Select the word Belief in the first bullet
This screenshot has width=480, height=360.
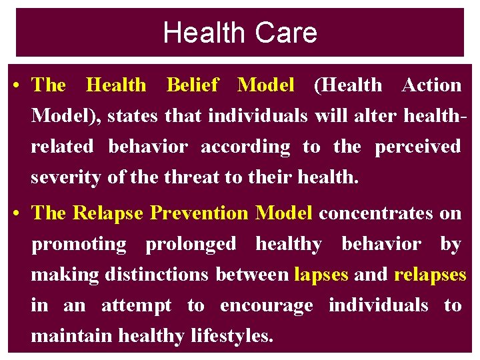(192, 85)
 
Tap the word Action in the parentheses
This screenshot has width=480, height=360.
(431, 85)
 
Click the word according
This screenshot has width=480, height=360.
(245, 147)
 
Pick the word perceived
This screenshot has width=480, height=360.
(417, 147)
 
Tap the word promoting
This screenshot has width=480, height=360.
(79, 244)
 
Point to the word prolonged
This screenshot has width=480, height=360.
(191, 244)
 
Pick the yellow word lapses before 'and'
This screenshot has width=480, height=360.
(321, 275)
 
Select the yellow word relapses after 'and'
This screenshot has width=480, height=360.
(430, 275)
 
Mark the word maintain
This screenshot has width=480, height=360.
(72, 336)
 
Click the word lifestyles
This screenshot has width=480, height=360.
(229, 336)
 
